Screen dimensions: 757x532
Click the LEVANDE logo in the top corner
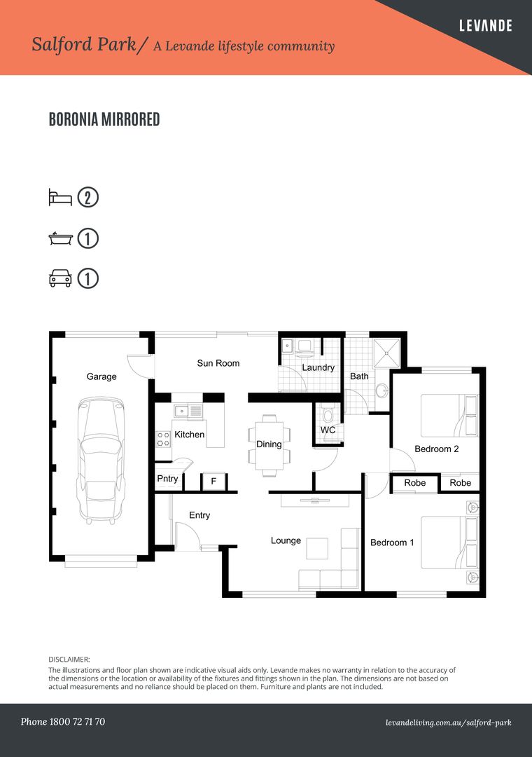pyautogui.click(x=485, y=26)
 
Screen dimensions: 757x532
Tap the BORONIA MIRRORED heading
pyautogui.click(x=104, y=120)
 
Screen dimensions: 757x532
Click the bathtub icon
pyautogui.click(x=59, y=238)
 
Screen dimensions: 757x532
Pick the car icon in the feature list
pyautogui.click(x=59, y=279)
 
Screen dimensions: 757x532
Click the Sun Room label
pyautogui.click(x=218, y=363)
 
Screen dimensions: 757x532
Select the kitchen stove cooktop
pyautogui.click(x=163, y=439)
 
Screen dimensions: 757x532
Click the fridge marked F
pyautogui.click(x=213, y=482)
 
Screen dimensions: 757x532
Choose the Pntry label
pyautogui.click(x=167, y=479)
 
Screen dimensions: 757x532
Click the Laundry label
pyautogui.click(x=318, y=367)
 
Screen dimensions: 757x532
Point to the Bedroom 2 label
pyautogui.click(x=436, y=449)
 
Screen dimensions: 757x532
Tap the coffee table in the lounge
pyautogui.click(x=317, y=547)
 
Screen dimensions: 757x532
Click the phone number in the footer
pyautogui.click(x=63, y=721)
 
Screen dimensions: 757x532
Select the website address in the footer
pyautogui.click(x=448, y=722)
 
